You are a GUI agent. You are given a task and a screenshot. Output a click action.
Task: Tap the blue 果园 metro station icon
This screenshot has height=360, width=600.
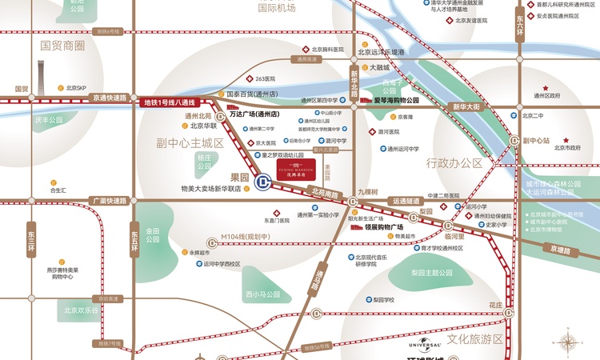[x=261, y=182]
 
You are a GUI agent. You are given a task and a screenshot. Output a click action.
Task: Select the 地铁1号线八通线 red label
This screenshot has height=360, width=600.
[x=169, y=102]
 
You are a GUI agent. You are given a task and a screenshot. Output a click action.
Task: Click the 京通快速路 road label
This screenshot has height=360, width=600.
[x=110, y=98]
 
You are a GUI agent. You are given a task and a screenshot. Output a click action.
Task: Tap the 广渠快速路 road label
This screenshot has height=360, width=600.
[x=110, y=201]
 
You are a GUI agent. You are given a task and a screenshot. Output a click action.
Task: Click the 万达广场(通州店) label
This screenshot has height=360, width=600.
[x=252, y=114]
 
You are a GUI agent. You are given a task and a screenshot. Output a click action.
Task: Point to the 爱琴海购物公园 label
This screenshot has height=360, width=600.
[x=396, y=101]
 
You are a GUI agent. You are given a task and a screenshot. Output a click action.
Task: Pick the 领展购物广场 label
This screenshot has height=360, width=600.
[x=383, y=226]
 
